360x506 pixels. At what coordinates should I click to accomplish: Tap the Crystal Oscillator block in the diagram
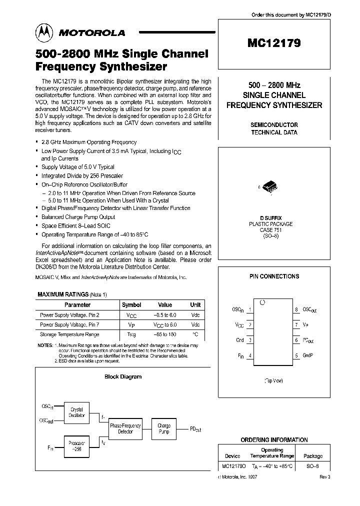point(76,412)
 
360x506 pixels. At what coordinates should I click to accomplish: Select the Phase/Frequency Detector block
point(122,428)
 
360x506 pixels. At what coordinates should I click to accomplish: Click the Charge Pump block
point(164,428)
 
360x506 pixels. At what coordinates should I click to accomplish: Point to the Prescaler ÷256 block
point(76,446)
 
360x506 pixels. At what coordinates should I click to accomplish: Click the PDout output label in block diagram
point(196,428)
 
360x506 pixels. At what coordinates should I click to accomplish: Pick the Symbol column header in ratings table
point(131,304)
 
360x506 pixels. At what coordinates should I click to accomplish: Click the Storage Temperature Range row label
point(69,334)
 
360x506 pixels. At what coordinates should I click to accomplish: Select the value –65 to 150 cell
point(165,334)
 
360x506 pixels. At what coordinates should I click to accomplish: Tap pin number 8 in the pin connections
point(296,309)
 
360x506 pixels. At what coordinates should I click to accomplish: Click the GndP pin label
point(308,355)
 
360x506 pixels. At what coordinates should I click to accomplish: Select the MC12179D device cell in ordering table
point(233,466)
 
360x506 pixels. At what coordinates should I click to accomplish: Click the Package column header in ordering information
point(313,456)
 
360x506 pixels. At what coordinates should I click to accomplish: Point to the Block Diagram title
point(122,376)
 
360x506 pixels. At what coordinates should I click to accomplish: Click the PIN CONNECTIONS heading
point(274,276)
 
